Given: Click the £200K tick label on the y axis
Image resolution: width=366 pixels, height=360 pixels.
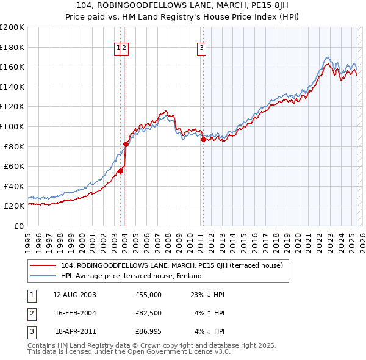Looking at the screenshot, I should pyautogui.click(x=12, y=27).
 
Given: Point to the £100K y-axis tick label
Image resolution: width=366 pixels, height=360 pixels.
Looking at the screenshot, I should pyautogui.click(x=12, y=126).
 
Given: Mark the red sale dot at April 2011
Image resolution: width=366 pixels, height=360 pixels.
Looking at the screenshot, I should pyautogui.click(x=203, y=139).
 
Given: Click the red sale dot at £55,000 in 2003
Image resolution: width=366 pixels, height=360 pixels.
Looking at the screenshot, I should pyautogui.click(x=120, y=171).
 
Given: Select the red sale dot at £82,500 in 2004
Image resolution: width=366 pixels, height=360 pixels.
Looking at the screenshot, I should pyautogui.click(x=126, y=144).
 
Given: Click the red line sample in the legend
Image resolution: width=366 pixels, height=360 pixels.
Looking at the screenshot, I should pyautogui.click(x=43, y=266).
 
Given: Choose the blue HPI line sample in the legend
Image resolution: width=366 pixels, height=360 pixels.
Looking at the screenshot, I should pyautogui.click(x=43, y=276).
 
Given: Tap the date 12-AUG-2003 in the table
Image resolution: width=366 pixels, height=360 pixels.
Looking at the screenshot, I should pyautogui.click(x=74, y=294).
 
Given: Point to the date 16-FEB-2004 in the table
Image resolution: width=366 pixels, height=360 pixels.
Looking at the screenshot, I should pyautogui.click(x=74, y=313).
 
